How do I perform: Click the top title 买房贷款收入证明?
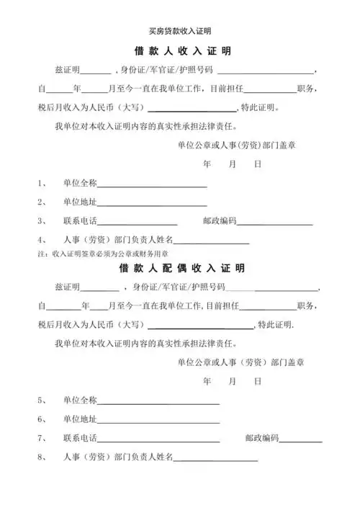click(180, 31)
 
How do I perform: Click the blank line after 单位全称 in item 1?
click(152, 185)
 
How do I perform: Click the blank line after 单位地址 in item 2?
click(152, 203)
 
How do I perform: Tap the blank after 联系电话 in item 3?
click(138, 223)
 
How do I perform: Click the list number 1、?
click(42, 184)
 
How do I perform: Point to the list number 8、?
click(42, 457)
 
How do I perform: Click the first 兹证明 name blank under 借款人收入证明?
click(95, 72)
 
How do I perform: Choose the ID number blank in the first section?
click(264, 72)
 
